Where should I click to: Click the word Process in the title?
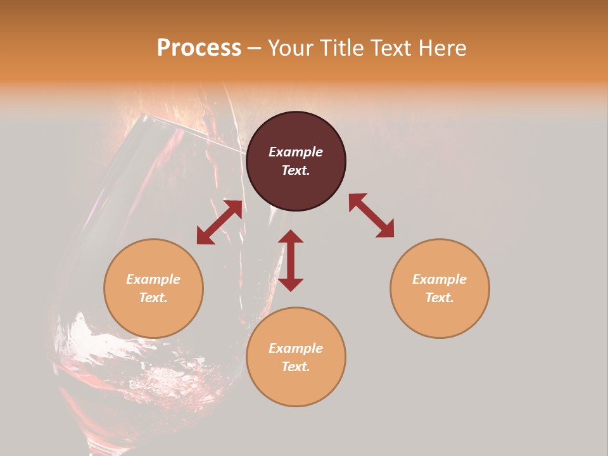point(199,48)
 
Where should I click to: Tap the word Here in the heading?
point(441,48)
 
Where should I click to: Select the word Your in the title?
point(289,48)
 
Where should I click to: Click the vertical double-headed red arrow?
point(291,260)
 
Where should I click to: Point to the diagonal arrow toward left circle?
point(219,222)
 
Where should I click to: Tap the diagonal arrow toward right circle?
point(371,215)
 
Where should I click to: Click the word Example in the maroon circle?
point(296,152)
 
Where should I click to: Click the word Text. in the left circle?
point(153,298)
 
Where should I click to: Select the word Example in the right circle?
point(440,279)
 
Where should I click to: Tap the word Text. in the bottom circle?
point(296,367)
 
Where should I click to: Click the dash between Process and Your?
point(254,49)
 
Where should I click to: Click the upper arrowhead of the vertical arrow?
point(291,236)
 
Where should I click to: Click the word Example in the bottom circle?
point(296,348)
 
